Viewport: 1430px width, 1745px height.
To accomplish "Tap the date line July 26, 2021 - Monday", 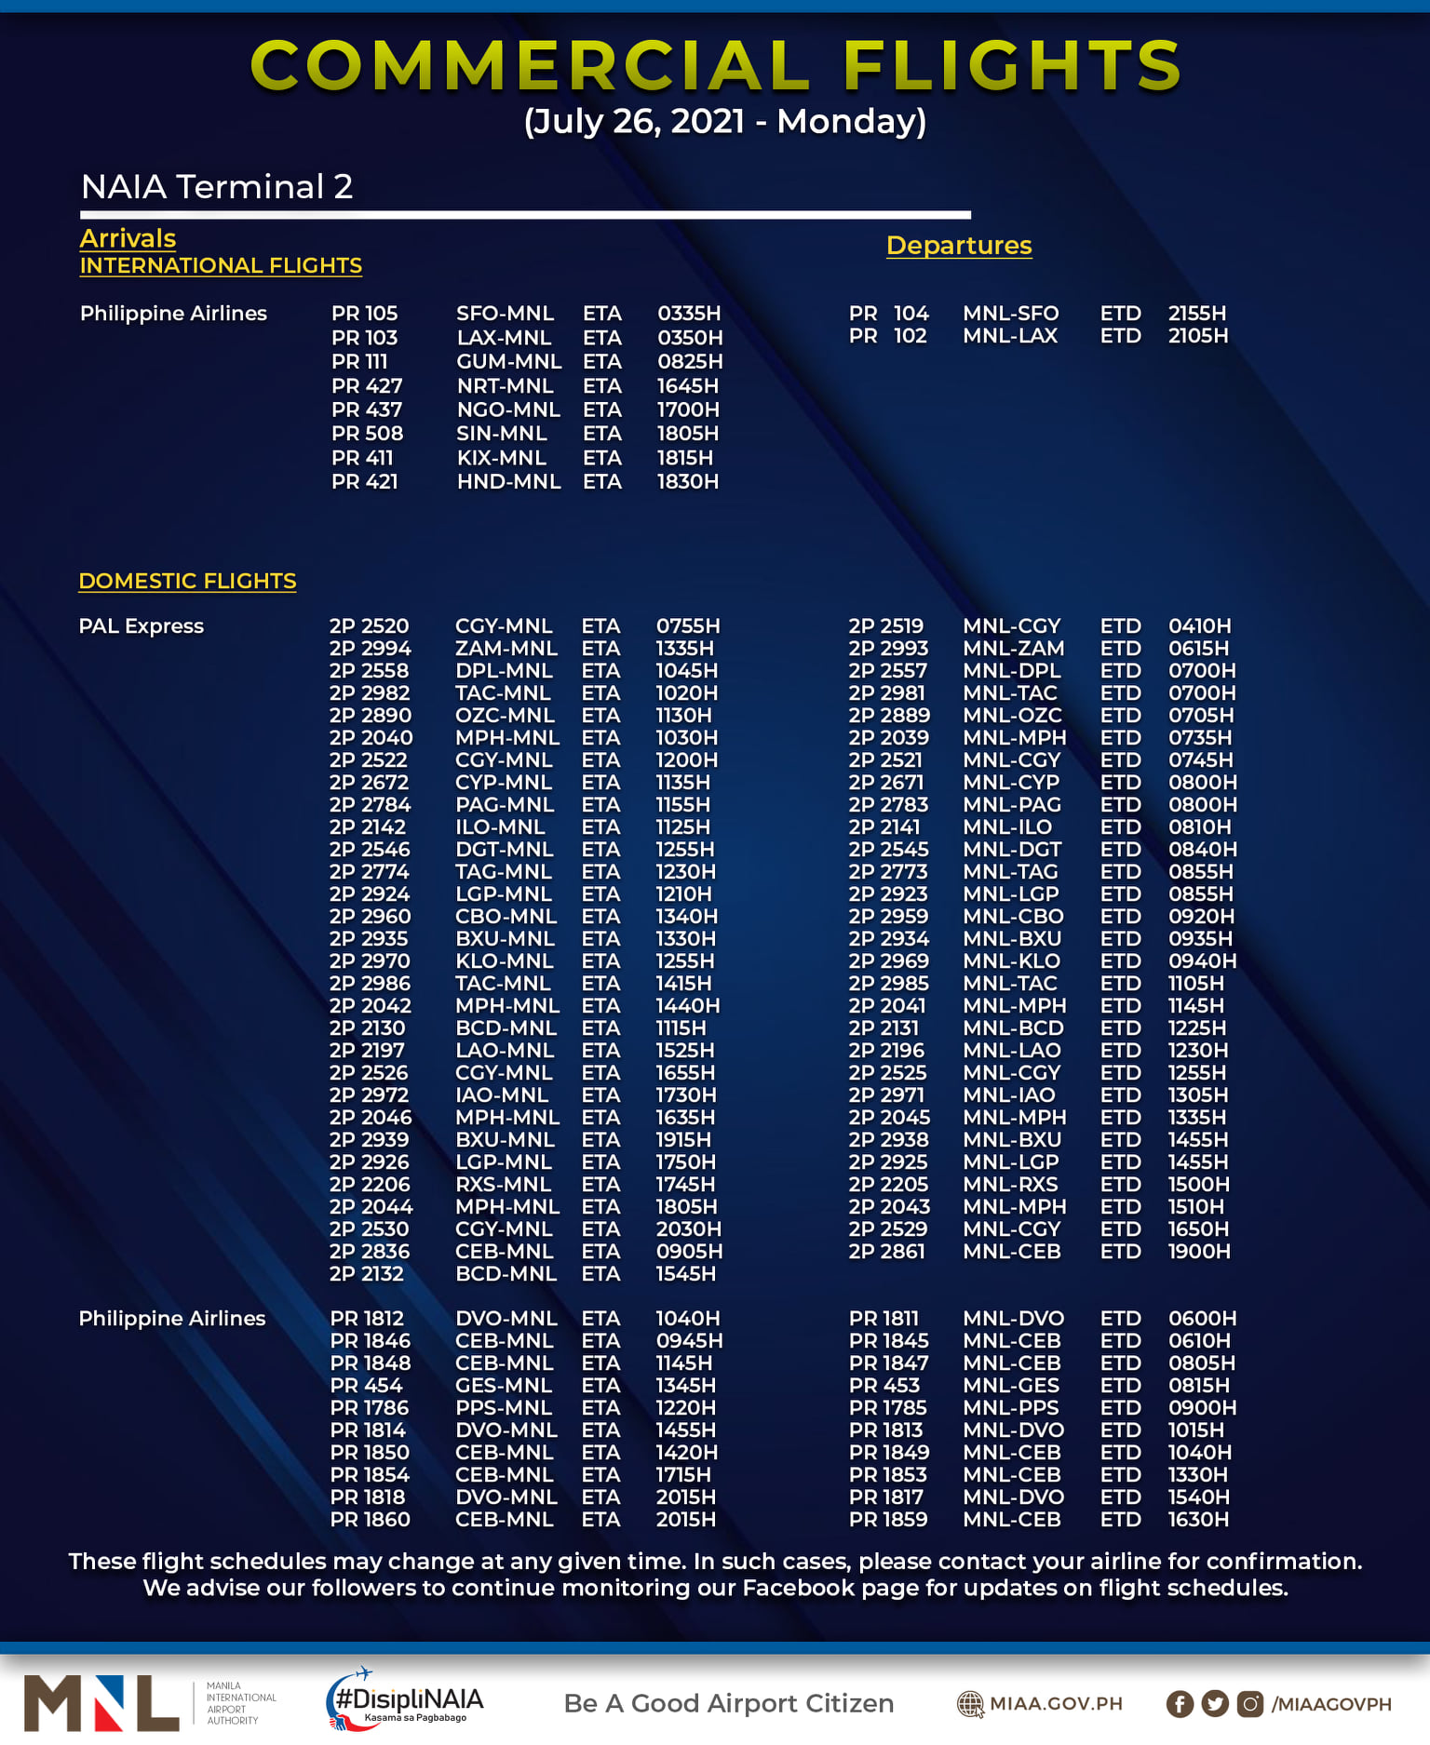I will point(724,122).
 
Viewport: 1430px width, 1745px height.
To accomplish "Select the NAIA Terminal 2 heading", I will point(217,187).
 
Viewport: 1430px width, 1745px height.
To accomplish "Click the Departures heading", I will point(958,246).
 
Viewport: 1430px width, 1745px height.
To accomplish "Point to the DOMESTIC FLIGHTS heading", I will point(187,581).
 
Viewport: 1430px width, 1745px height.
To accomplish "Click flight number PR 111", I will point(359,362).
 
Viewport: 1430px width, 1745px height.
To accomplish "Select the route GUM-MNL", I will point(508,362).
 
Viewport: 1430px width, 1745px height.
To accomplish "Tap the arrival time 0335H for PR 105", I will point(689,314).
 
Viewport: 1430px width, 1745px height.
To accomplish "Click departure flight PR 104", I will point(888,314).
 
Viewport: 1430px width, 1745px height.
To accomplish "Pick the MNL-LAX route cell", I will point(1010,336).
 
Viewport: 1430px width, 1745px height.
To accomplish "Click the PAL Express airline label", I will point(141,626).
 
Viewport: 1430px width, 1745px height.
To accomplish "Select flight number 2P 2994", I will point(370,649).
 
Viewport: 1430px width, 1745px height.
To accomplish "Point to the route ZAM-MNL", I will point(506,649).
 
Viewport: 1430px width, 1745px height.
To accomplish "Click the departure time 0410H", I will point(1199,626).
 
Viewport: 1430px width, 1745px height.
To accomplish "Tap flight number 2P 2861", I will point(886,1252).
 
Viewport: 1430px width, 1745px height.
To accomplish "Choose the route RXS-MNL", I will point(503,1185).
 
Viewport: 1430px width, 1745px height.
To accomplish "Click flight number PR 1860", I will point(370,1520).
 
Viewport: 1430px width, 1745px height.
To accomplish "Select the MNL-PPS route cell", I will point(1011,1408).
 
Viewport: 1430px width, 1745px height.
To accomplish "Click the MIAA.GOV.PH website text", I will point(1056,1704).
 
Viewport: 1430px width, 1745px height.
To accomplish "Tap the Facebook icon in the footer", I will point(1180,1704).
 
